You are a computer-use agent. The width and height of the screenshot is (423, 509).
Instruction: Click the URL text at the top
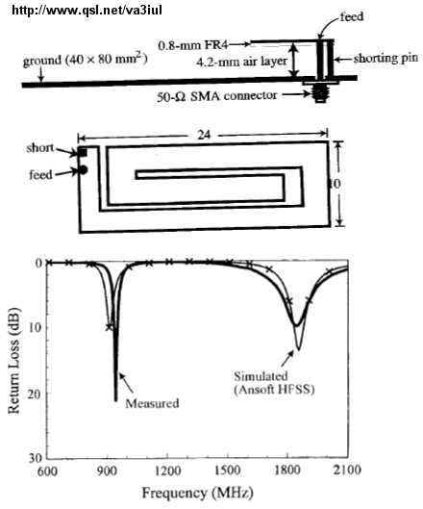pyautogui.click(x=87, y=10)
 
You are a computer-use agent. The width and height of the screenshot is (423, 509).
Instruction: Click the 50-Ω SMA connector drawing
pyautogui.click(x=320, y=92)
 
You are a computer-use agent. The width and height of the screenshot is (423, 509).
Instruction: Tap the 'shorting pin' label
pyautogui.click(x=386, y=59)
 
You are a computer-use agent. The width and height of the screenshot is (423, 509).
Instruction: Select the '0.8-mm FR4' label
pyautogui.click(x=193, y=45)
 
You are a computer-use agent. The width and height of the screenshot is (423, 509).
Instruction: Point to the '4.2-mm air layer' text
pyautogui.click(x=241, y=61)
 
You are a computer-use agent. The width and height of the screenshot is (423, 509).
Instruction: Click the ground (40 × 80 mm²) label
pyautogui.click(x=85, y=60)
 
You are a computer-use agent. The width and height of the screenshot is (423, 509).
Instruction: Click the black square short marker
pyautogui.click(x=83, y=152)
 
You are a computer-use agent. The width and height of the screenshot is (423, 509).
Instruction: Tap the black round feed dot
pyautogui.click(x=83, y=169)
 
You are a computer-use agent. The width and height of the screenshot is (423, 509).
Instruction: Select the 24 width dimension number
pyautogui.click(x=204, y=135)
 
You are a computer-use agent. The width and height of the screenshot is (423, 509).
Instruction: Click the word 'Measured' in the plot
pyautogui.click(x=152, y=403)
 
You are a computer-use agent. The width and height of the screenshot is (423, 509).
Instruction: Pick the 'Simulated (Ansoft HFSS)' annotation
pyautogui.click(x=274, y=383)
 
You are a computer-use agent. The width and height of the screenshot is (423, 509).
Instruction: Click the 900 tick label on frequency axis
pyautogui.click(x=107, y=471)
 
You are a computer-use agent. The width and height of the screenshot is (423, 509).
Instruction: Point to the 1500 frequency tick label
pyautogui.click(x=228, y=471)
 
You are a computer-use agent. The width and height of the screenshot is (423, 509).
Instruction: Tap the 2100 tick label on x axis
pyautogui.click(x=347, y=470)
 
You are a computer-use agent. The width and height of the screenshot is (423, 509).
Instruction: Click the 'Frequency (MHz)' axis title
pyautogui.click(x=197, y=493)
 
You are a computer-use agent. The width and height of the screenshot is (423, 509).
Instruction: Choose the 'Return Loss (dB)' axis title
pyautogui.click(x=13, y=361)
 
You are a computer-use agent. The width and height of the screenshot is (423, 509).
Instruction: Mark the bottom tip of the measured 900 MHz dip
pyautogui.click(x=115, y=401)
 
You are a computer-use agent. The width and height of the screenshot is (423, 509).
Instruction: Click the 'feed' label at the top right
pyautogui.click(x=351, y=16)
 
